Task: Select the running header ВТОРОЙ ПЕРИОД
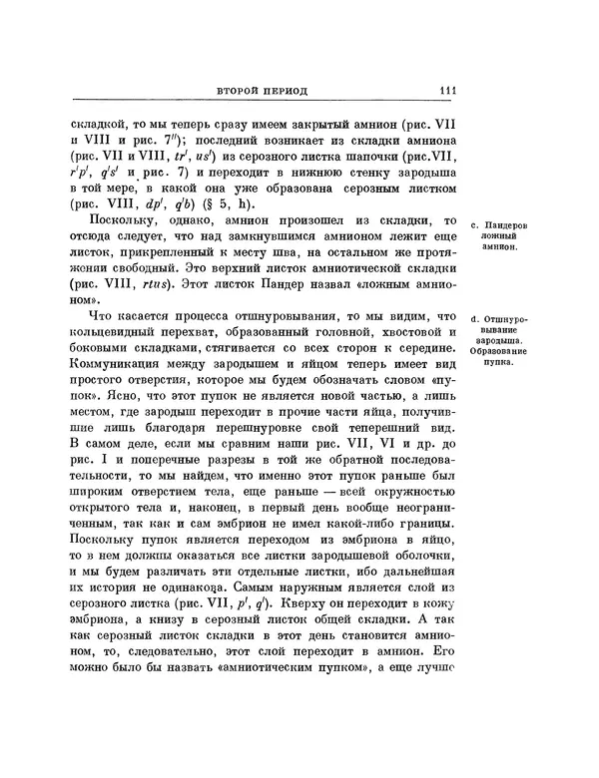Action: [264, 93]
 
